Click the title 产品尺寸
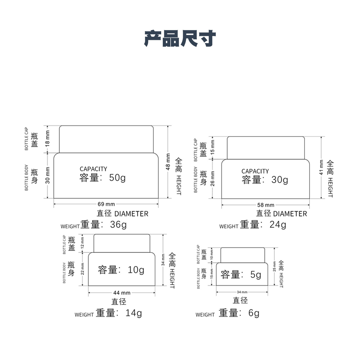point(180,39)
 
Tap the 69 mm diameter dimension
point(106,204)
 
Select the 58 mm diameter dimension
point(266,205)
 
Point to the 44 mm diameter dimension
point(122,293)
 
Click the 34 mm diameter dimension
point(242,292)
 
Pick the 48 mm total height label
point(168,162)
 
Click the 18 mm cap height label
point(48,139)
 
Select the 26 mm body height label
point(213,179)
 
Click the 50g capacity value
point(117,178)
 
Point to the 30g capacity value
point(279,180)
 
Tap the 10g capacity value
point(136,269)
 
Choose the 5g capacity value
point(256,275)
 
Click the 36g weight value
point(118,224)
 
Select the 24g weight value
point(278,224)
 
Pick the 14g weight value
point(133,313)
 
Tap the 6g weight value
point(254,313)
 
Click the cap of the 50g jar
point(106,139)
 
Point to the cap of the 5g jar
point(243,255)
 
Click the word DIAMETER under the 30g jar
point(290,214)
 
